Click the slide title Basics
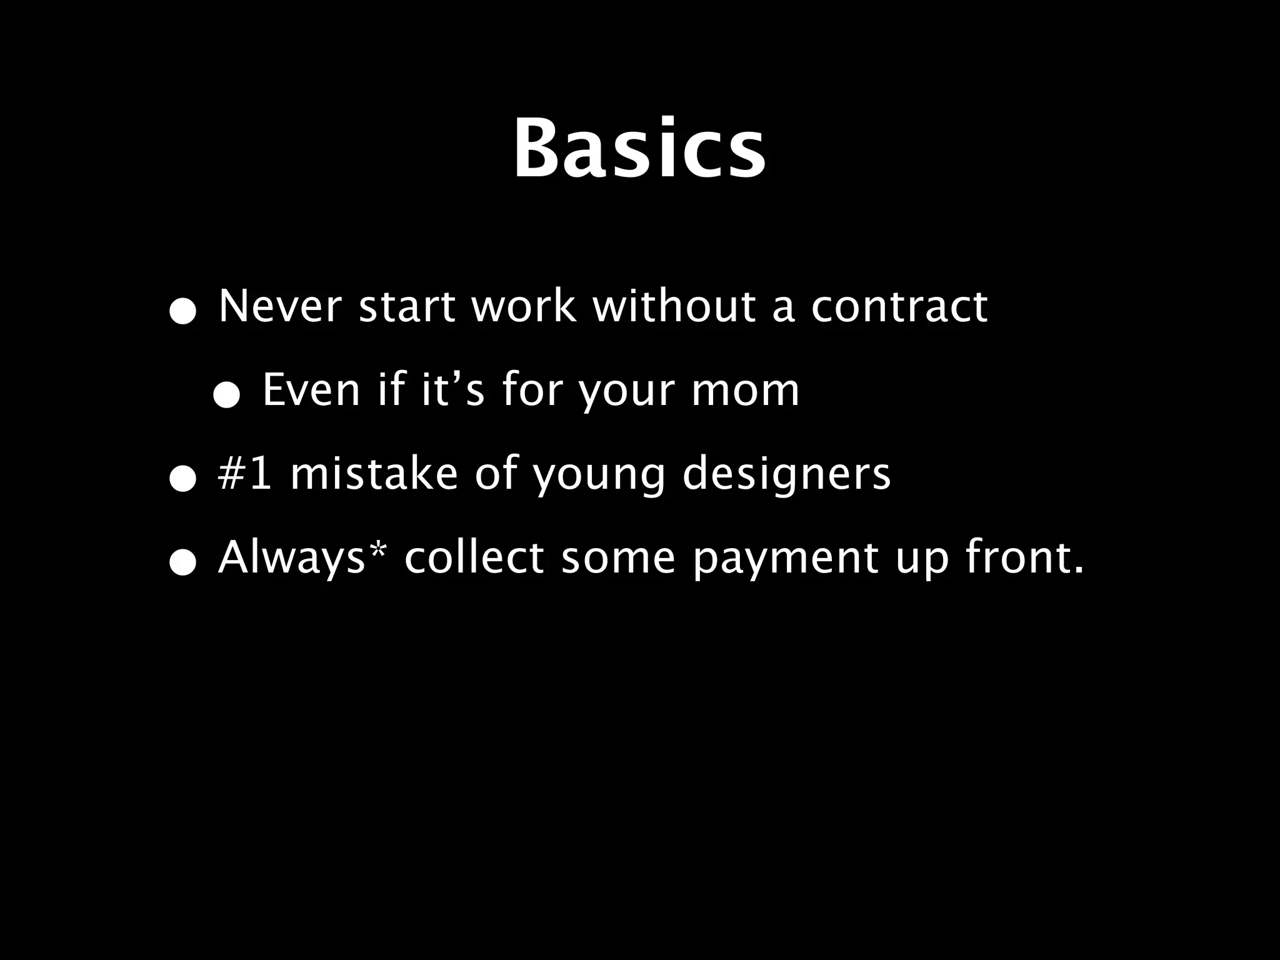(x=639, y=150)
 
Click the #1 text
(x=244, y=474)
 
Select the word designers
(x=786, y=474)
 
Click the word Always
(x=291, y=557)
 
